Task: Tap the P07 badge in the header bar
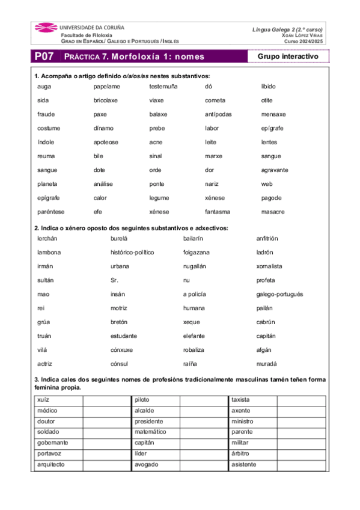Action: point(43,57)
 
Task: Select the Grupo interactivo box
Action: point(284,57)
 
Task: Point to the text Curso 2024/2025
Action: point(304,41)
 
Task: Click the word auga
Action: point(43,87)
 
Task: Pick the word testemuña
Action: point(163,87)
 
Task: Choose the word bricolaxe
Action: point(106,100)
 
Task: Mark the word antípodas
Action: point(218,114)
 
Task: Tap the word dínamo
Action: point(103,128)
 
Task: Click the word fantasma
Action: point(218,212)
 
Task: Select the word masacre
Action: point(273,212)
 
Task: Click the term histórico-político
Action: point(132,253)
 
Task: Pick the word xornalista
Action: point(269,266)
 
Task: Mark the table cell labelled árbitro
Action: point(252,454)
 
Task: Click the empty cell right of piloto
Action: point(204,400)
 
